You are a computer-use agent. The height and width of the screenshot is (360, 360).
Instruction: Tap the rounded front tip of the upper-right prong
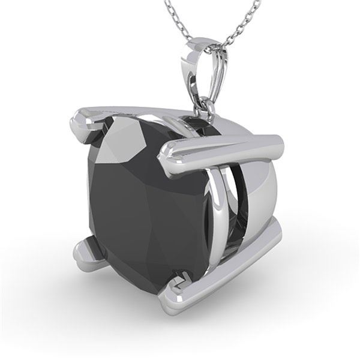(165, 157)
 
